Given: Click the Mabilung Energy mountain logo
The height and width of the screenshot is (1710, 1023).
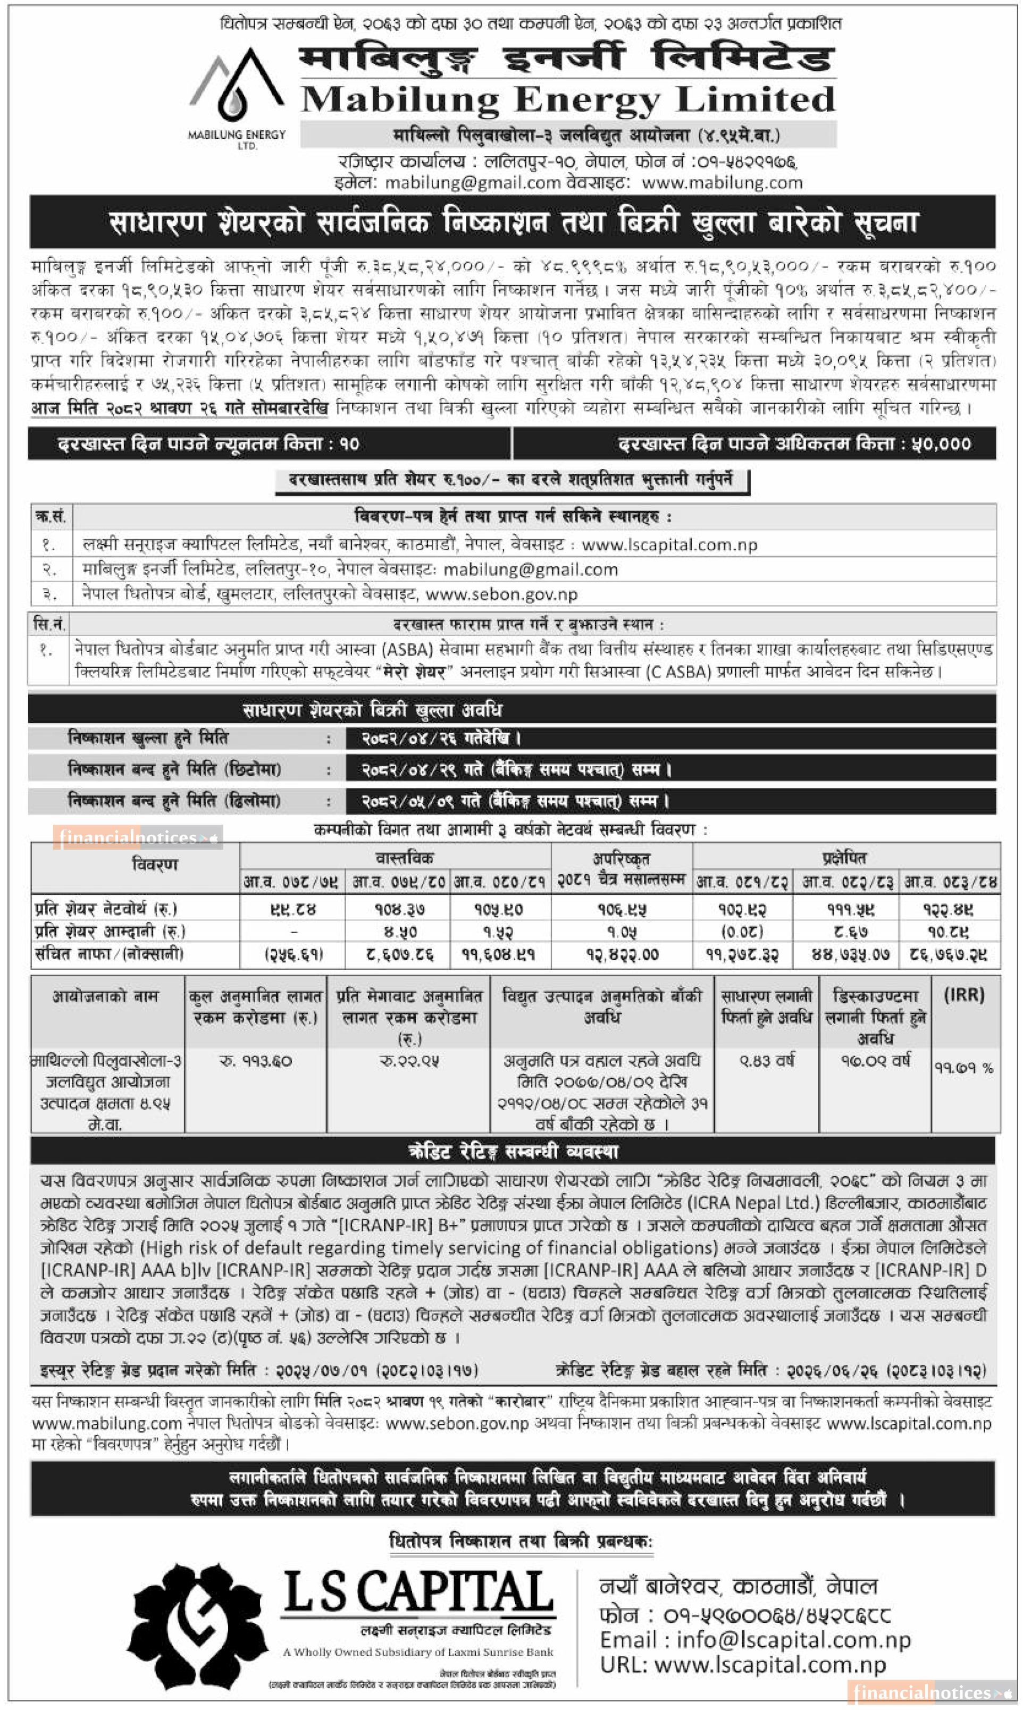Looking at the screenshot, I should pyautogui.click(x=237, y=86).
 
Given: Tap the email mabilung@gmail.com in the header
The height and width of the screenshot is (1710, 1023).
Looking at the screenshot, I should pyautogui.click(x=472, y=183).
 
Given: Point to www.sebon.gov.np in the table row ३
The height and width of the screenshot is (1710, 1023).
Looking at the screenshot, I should pyautogui.click(x=501, y=594).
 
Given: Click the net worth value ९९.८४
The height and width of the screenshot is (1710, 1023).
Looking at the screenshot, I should pyautogui.click(x=292, y=909).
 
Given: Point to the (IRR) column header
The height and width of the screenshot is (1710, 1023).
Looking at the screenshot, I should pyautogui.click(x=964, y=994).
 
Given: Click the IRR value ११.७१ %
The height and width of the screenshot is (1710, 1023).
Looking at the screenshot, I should pyautogui.click(x=964, y=1068).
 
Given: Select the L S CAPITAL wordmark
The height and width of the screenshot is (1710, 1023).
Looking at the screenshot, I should pyautogui.click(x=418, y=1594).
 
